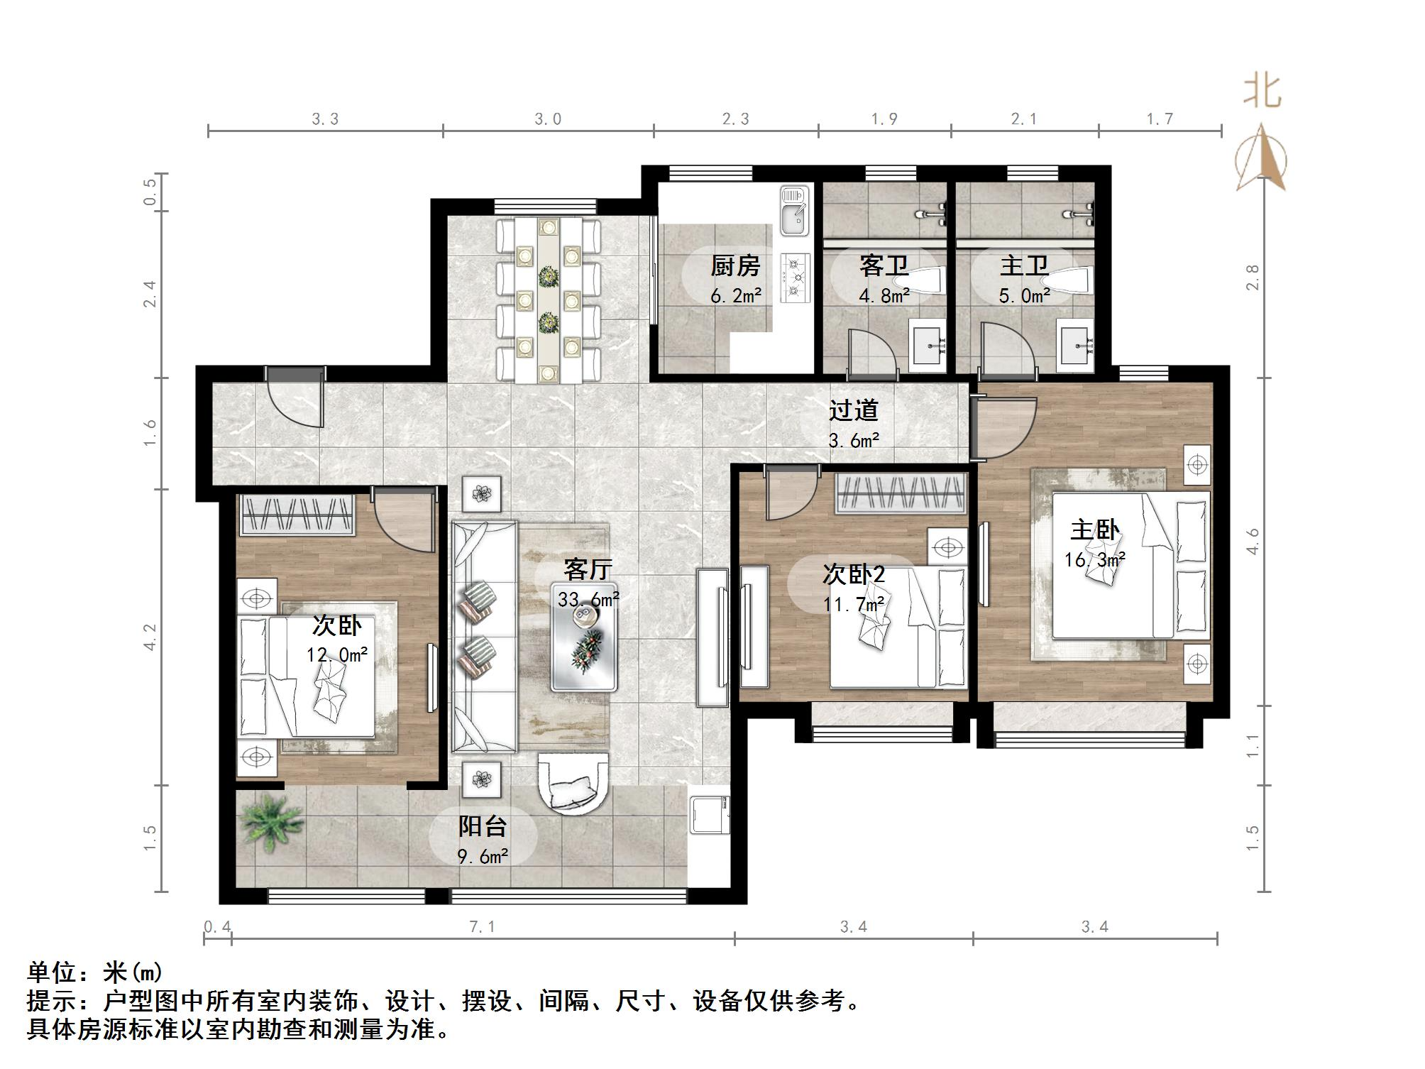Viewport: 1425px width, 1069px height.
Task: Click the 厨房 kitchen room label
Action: coord(735,266)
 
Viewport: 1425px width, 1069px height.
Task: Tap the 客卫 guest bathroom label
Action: coord(884,266)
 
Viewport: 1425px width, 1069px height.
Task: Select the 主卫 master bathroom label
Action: coord(1024,266)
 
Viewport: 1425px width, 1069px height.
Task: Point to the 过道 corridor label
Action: coord(854,410)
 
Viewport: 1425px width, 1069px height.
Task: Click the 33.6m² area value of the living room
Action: coord(588,600)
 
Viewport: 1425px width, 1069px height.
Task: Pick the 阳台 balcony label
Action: coord(483,826)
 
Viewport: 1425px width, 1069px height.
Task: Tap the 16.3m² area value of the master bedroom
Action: coord(1095,560)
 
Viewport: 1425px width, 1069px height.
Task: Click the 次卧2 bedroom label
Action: coord(854,574)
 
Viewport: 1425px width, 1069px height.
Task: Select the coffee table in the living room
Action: coord(584,637)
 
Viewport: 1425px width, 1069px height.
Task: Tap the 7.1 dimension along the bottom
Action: coord(483,926)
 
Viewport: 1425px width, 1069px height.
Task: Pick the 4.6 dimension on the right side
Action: coord(1253,542)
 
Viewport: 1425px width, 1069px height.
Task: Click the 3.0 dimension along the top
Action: coord(548,119)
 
